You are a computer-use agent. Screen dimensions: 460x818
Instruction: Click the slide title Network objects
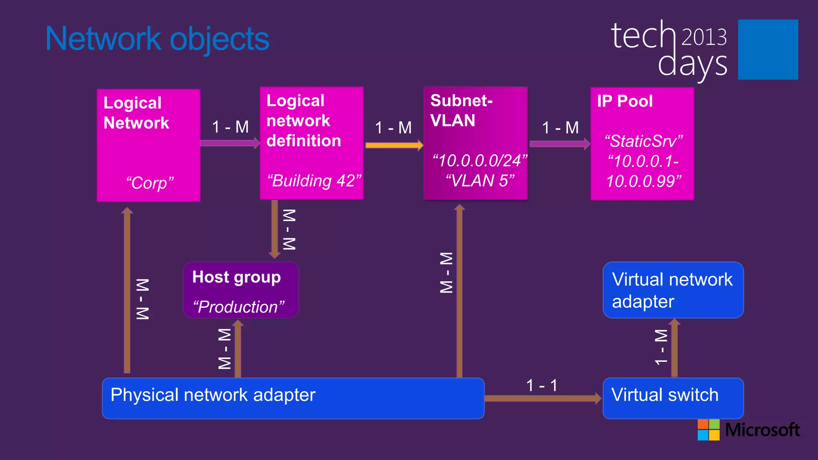pyautogui.click(x=157, y=39)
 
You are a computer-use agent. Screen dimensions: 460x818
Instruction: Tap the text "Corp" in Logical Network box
pyautogui.click(x=150, y=183)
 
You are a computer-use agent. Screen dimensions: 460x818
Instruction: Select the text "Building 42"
pyautogui.click(x=314, y=181)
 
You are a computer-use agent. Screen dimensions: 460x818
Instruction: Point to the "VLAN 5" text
pyautogui.click(x=479, y=181)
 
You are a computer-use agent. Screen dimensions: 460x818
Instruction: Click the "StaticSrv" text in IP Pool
pyautogui.click(x=643, y=141)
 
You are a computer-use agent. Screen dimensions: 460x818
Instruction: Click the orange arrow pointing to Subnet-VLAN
pyautogui.click(x=394, y=145)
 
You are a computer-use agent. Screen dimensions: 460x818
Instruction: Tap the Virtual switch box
pyautogui.click(x=673, y=398)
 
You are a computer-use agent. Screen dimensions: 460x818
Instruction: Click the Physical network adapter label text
pyautogui.click(x=213, y=395)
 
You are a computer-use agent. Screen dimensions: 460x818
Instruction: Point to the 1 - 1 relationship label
pyautogui.click(x=542, y=386)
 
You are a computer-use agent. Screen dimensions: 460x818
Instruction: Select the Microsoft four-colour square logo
pyautogui.click(x=708, y=430)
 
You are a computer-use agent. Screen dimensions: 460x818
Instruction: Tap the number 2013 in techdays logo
pyautogui.click(x=704, y=37)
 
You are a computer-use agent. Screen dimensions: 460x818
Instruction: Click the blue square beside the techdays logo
pyautogui.click(x=768, y=50)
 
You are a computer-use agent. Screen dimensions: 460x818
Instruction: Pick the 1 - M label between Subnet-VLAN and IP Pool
pyautogui.click(x=560, y=128)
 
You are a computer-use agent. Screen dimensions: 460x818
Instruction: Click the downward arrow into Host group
pyautogui.click(x=275, y=230)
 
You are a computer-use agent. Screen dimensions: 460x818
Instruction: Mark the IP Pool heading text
pyautogui.click(x=625, y=101)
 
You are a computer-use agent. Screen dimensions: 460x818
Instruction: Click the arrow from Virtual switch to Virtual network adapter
pyautogui.click(x=674, y=347)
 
